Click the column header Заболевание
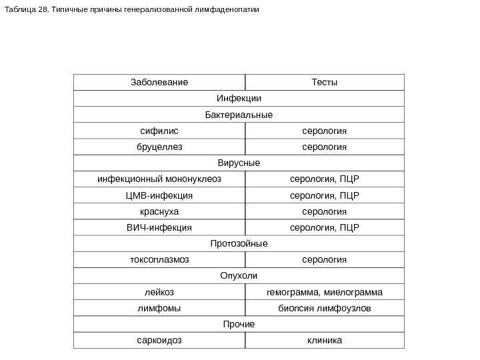tap(159, 82)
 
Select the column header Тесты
tap(325, 82)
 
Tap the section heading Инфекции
tap(239, 99)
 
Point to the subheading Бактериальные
tap(239, 115)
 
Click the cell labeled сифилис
tap(159, 131)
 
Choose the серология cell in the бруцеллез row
tap(325, 147)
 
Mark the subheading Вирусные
tap(239, 163)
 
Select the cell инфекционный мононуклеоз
tap(159, 179)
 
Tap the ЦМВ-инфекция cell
tap(159, 195)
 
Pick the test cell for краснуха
tap(325, 211)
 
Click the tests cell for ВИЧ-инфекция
tap(325, 227)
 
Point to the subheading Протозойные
tap(239, 243)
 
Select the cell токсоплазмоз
tap(159, 260)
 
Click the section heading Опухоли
tap(239, 276)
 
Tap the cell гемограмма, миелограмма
tap(325, 292)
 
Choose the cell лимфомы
tap(159, 308)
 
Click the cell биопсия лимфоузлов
tap(325, 308)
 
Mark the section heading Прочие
tap(239, 325)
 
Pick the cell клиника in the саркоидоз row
tap(325, 341)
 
